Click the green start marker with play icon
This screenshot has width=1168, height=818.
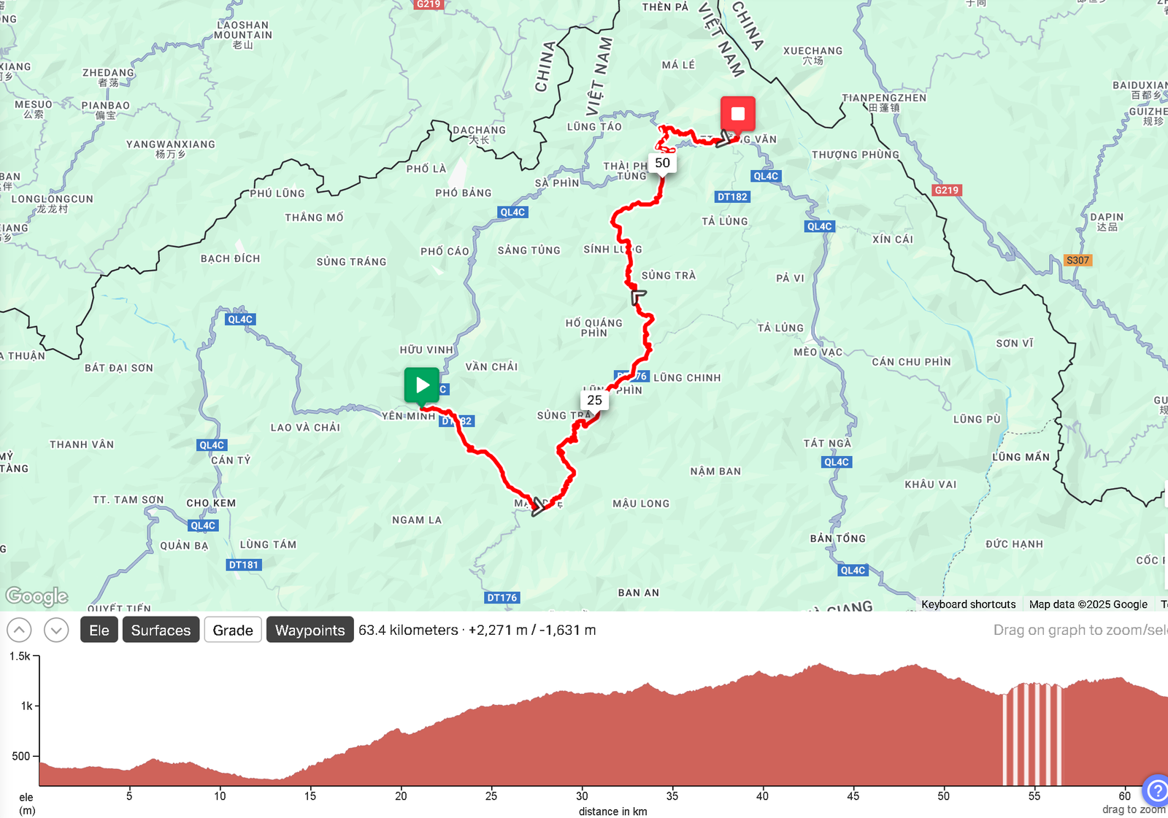tap(422, 385)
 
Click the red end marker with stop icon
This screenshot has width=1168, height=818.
tap(737, 115)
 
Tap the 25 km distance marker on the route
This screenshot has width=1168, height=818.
tap(595, 400)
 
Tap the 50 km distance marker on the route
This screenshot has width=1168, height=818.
tap(662, 163)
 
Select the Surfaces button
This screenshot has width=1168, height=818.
tap(161, 630)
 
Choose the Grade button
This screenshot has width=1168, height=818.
tap(233, 630)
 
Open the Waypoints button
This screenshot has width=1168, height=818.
tap(310, 630)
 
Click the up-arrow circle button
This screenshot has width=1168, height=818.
tap(19, 630)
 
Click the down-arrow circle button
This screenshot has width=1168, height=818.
tap(56, 630)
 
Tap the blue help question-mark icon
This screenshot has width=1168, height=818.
tap(1156, 790)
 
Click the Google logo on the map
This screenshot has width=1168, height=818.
tap(36, 596)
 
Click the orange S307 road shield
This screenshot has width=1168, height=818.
tap(1077, 261)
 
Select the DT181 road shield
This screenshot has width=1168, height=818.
tap(244, 565)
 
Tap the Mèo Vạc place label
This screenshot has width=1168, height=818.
tap(818, 352)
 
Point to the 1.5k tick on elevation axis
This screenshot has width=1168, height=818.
tap(21, 656)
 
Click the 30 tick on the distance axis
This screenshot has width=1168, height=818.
tap(582, 796)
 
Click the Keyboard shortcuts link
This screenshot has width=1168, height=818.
tap(968, 604)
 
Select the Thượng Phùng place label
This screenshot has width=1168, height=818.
tap(856, 155)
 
